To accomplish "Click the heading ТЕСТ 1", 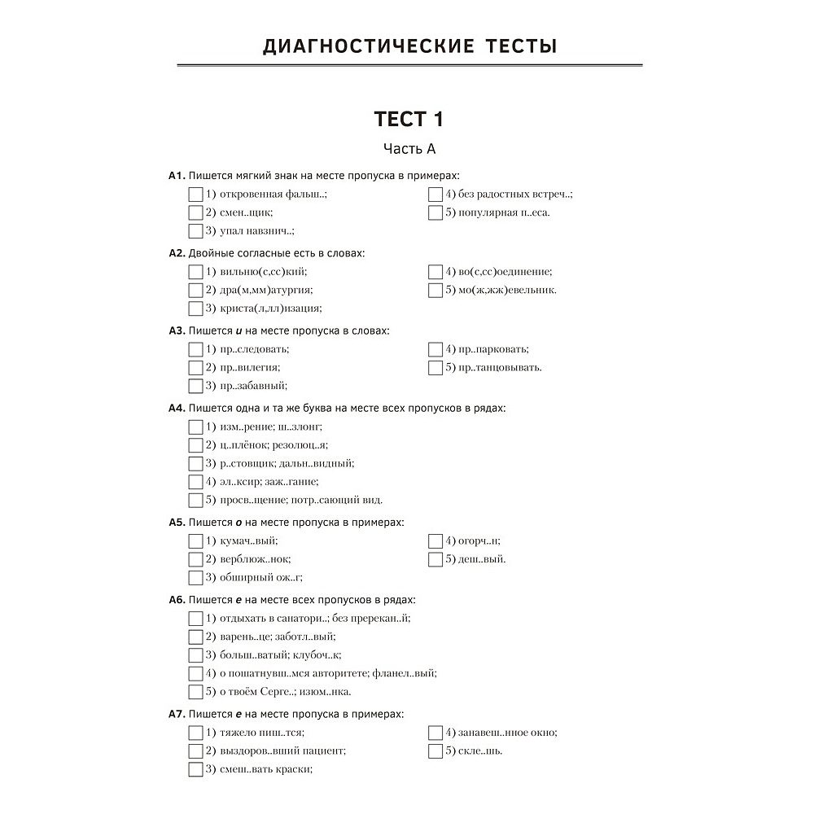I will (409, 119).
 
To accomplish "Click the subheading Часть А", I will (409, 148).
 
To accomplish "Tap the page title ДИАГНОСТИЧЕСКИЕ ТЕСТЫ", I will (409, 46).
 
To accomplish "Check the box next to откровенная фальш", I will (195, 195).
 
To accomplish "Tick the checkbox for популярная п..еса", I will (435, 213).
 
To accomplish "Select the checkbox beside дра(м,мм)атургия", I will (195, 290).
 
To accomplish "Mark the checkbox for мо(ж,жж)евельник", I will (435, 290).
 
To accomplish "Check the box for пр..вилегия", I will (195, 367).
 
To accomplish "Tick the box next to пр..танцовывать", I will (435, 367).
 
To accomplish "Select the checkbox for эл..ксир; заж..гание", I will (195, 482).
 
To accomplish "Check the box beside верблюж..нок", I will (195, 559).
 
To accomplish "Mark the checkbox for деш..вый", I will (435, 559).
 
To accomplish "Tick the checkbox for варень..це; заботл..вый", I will (195, 637).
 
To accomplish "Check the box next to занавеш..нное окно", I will (435, 733).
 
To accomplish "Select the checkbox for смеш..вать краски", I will (195, 769).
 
